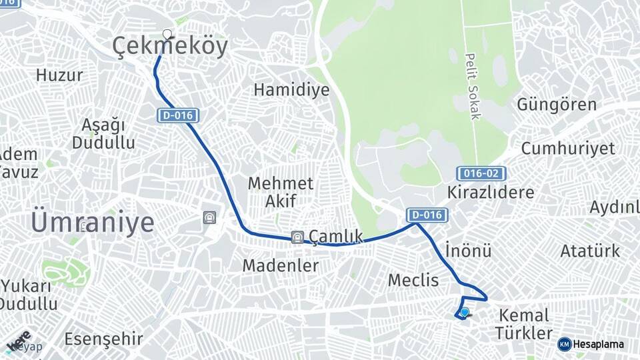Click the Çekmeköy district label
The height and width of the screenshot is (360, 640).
[169, 46]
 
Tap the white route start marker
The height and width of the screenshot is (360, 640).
[167, 34]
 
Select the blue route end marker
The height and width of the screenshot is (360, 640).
[465, 311]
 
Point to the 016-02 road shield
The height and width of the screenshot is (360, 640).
[481, 173]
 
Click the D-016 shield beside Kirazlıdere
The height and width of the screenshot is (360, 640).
[427, 215]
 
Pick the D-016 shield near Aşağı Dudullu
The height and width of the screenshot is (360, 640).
[178, 115]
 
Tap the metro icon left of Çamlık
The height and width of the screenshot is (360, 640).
[297, 237]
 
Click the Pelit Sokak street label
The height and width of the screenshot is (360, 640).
[473, 87]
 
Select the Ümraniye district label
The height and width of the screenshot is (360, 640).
[92, 222]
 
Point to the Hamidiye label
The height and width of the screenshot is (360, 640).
[291, 89]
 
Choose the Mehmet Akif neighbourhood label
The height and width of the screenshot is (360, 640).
[280, 191]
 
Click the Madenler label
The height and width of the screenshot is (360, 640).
[280, 265]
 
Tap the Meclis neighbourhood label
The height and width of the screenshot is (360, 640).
[413, 280]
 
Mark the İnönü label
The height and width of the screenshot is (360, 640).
[467, 251]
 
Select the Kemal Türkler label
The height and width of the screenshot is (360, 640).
[523, 324]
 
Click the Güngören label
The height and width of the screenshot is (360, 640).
[557, 105]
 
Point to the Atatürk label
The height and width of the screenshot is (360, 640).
[590, 251]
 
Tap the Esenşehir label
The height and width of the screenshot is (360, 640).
[103, 339]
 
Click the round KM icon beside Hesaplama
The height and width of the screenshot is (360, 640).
[564, 344]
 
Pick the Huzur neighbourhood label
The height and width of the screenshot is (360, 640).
[59, 75]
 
